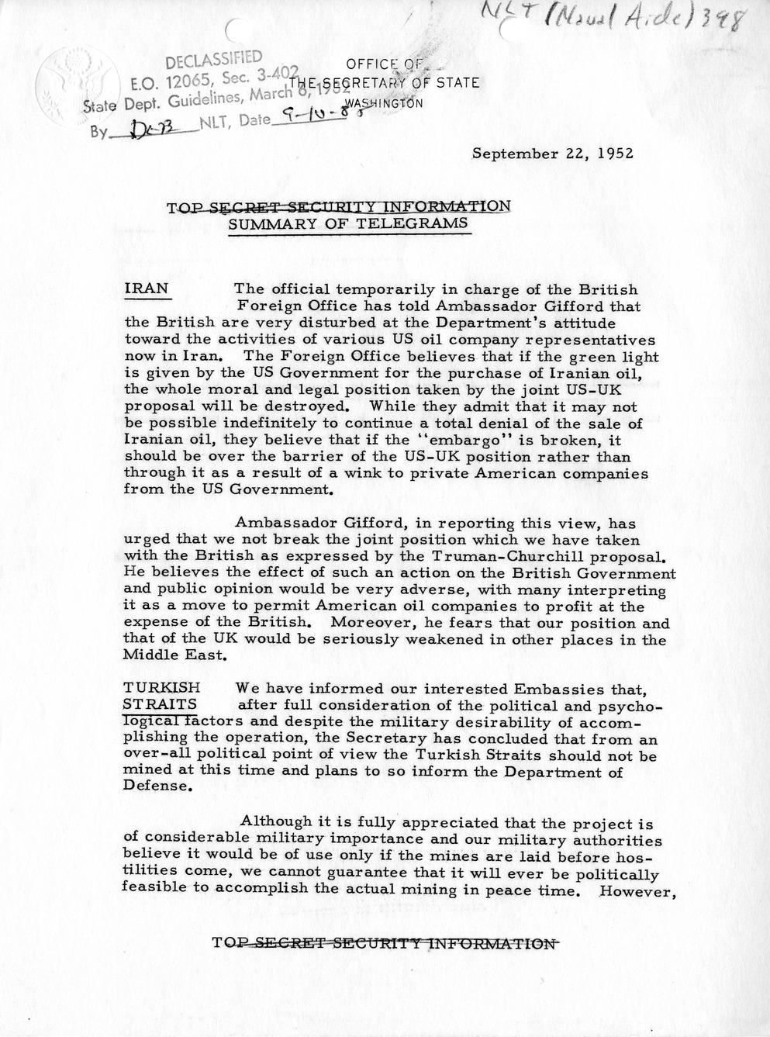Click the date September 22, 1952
point(553,153)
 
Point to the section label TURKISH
point(161,687)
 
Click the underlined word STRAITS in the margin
point(159,704)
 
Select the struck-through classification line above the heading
point(339,206)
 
